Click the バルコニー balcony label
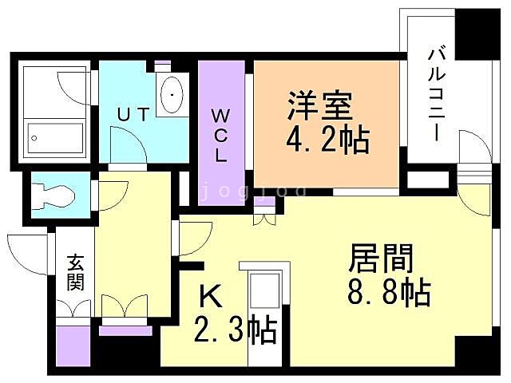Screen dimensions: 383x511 click(x=437, y=93)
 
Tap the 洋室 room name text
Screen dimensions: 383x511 click(x=319, y=107)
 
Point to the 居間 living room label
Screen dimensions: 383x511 click(x=381, y=259)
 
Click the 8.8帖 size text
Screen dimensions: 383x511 click(x=389, y=294)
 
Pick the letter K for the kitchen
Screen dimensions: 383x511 click(x=209, y=297)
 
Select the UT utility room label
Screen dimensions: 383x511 click(x=133, y=114)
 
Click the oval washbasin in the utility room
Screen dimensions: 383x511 click(x=172, y=97)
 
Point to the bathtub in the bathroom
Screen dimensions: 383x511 click(x=55, y=136)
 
